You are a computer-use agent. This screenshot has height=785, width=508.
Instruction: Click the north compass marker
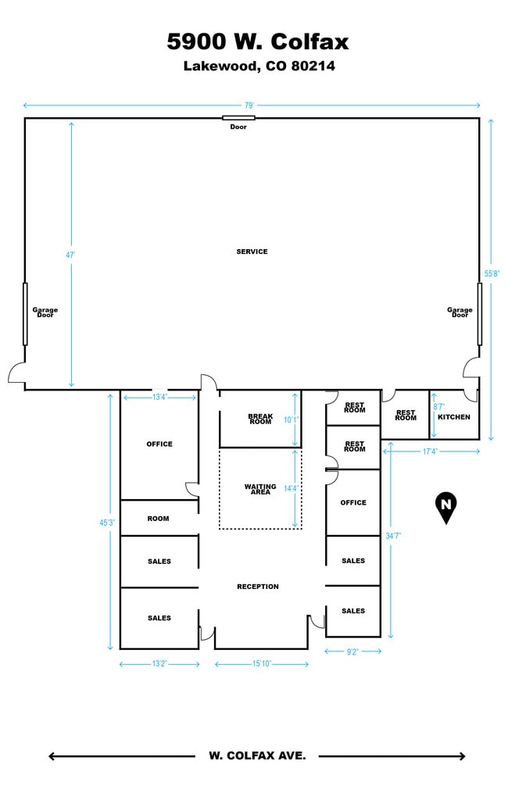click(446, 508)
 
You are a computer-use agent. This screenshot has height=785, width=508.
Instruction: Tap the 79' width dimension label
click(249, 105)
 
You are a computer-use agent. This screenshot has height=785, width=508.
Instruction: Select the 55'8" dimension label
click(492, 273)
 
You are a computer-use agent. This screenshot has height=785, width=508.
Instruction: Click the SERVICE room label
click(252, 252)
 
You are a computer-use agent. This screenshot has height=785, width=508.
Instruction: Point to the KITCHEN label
click(454, 416)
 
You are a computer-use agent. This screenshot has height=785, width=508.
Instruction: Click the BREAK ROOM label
click(260, 419)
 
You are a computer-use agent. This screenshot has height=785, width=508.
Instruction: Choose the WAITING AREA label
click(260, 489)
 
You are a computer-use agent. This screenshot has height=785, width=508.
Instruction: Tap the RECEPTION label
click(258, 587)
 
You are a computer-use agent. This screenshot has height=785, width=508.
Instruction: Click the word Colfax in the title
click(309, 41)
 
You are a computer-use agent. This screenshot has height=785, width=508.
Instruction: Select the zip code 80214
click(313, 66)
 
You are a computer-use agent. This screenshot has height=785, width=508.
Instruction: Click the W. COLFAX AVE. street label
click(257, 755)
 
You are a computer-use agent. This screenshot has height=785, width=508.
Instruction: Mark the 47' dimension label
click(70, 255)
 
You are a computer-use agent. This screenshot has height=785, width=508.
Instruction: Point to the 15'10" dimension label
click(262, 664)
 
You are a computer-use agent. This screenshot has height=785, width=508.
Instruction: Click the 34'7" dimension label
click(393, 536)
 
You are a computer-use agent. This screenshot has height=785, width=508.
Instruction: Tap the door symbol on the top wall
click(239, 118)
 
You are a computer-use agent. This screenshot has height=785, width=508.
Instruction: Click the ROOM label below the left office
click(159, 519)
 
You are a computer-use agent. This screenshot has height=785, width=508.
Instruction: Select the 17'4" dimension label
click(430, 451)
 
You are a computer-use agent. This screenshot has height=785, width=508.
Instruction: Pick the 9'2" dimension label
click(352, 652)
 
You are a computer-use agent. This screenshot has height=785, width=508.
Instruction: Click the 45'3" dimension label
click(107, 523)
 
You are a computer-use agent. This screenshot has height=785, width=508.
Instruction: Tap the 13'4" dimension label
click(159, 398)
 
